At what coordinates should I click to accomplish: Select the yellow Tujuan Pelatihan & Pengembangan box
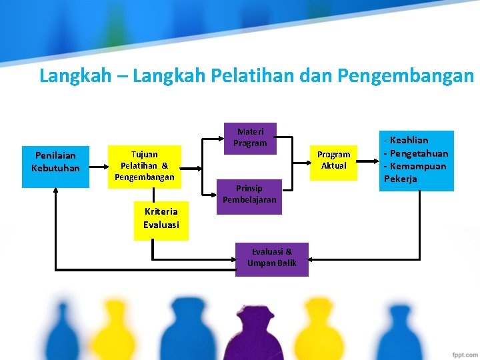point(145,166)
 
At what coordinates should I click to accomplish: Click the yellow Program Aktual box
point(334,160)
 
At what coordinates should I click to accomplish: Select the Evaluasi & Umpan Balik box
point(271,259)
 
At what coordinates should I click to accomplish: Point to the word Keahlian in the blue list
point(409,140)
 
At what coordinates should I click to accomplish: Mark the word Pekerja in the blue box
point(401,179)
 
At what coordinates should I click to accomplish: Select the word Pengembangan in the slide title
point(406,76)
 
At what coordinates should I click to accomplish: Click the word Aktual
point(334,165)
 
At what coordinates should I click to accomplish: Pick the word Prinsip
point(249,189)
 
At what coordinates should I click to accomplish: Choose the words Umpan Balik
point(271,263)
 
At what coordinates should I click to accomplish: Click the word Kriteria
point(161,212)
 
